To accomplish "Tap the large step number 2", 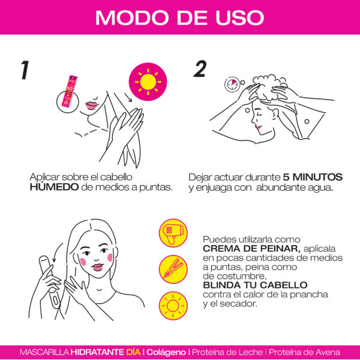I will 200,70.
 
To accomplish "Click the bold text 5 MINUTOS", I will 313,178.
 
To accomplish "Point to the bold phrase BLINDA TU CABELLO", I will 255,285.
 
